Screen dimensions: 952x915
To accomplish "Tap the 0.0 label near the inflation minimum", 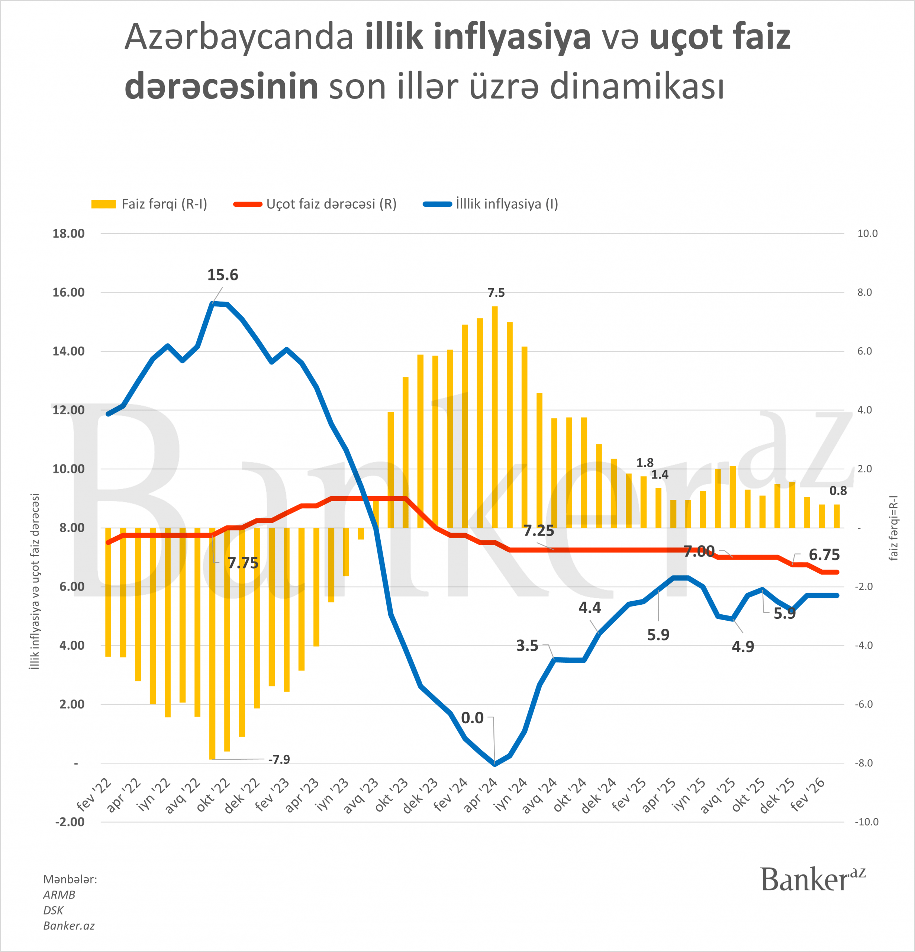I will coord(472,718).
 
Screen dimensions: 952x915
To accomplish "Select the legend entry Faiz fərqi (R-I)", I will coord(149,204).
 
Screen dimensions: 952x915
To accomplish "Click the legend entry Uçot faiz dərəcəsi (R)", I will coord(316,204).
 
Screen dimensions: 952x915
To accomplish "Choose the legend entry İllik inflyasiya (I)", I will coord(492,204).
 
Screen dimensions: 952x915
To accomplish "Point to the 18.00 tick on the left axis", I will coord(68,234).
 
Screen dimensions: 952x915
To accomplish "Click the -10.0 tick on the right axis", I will coord(867,822).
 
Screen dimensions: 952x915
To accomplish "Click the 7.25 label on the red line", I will coord(539,531).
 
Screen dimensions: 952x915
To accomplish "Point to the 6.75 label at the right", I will coord(824,555).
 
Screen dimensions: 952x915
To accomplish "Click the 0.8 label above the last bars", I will coord(838,491).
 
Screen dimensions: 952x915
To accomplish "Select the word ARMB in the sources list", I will coord(59,895).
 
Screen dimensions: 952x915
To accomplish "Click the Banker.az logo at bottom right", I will coord(812,879).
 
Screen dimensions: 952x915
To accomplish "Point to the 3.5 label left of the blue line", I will coord(527,646).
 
